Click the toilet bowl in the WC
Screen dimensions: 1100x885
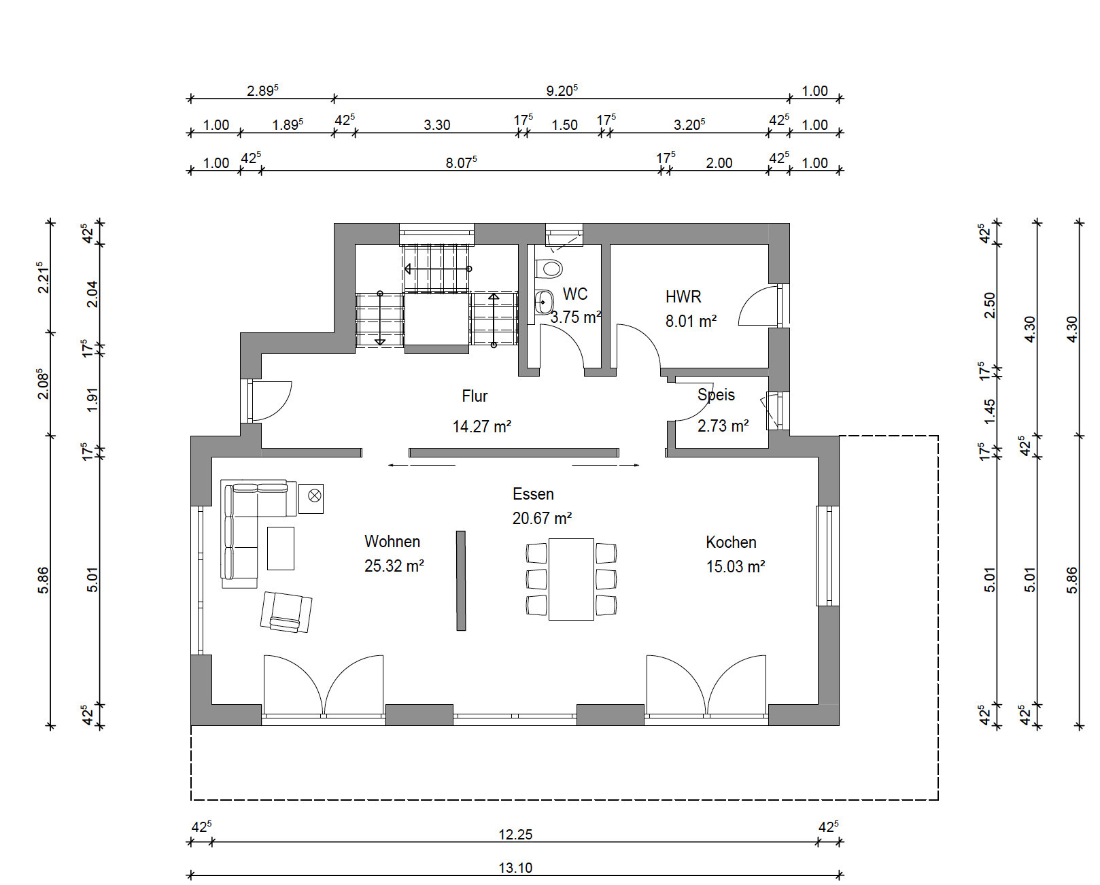[x=549, y=268]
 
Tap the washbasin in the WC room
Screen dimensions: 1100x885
[x=544, y=302]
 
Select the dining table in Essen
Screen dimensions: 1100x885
[x=571, y=578]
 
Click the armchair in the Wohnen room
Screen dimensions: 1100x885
[x=286, y=612]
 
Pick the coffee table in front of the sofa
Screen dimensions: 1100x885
[x=281, y=548]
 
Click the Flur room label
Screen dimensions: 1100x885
[x=475, y=396]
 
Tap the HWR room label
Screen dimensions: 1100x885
[x=683, y=296]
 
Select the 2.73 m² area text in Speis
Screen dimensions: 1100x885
[x=723, y=426]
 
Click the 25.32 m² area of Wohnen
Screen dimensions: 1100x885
[x=394, y=566]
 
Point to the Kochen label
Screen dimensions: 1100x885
[x=731, y=542]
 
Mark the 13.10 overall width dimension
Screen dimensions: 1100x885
[x=516, y=867]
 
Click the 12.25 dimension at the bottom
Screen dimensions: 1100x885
[x=516, y=835]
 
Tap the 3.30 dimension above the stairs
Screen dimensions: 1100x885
[x=437, y=125]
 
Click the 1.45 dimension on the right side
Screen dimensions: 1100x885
[x=990, y=411]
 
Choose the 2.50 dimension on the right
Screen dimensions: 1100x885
[x=990, y=305]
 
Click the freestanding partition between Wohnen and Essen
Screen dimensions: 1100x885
[x=461, y=580]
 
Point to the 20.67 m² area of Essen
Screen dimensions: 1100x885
[x=542, y=518]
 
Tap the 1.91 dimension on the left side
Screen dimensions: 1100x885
[x=92, y=400]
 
